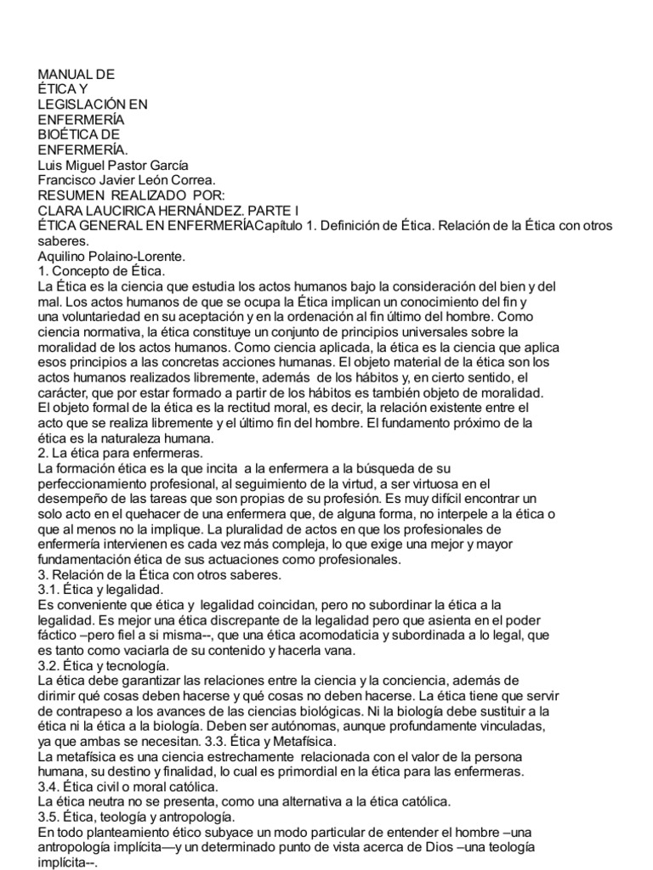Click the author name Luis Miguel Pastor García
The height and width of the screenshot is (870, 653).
tap(113, 165)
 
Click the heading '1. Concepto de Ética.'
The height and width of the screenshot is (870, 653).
tap(100, 270)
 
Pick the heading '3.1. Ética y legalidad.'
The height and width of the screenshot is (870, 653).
tap(101, 589)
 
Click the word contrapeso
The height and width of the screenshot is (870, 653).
tap(93, 710)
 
